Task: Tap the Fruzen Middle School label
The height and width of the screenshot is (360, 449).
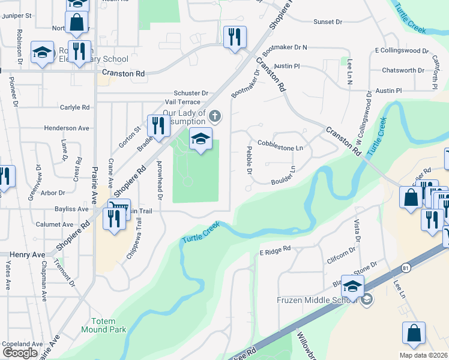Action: [318, 299]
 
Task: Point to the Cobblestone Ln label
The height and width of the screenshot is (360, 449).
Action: [280, 144]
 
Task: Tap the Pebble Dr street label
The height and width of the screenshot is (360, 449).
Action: [249, 160]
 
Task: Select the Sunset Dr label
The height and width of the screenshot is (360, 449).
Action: [327, 22]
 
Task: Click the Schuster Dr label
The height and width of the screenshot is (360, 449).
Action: [190, 93]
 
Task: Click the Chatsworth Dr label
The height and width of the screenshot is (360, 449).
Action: [403, 70]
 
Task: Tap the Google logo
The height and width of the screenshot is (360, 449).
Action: [20, 352]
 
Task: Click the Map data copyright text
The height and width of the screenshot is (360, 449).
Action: [423, 355]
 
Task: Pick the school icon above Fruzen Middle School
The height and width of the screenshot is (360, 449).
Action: [352, 285]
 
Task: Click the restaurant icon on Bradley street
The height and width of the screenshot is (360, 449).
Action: [157, 125]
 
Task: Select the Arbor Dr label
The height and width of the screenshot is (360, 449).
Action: [53, 193]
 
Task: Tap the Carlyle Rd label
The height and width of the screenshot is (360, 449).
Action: [74, 107]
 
